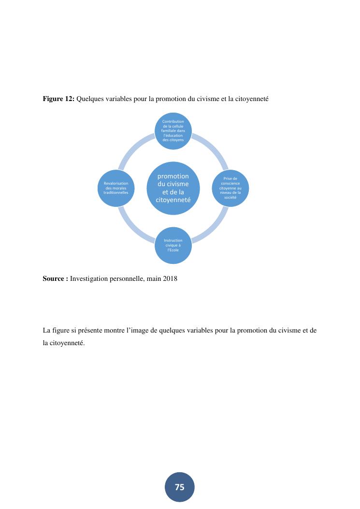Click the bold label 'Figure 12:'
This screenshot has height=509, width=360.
[x=58, y=99]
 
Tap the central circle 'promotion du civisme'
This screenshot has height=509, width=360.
[x=173, y=188]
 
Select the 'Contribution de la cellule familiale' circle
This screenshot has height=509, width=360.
[x=173, y=130]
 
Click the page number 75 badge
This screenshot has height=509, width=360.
[x=179, y=487]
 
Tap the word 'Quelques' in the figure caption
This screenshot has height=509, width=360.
[x=91, y=99]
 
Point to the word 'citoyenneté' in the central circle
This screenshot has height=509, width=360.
[x=173, y=200]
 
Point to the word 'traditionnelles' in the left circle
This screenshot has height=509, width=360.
[x=115, y=192]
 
